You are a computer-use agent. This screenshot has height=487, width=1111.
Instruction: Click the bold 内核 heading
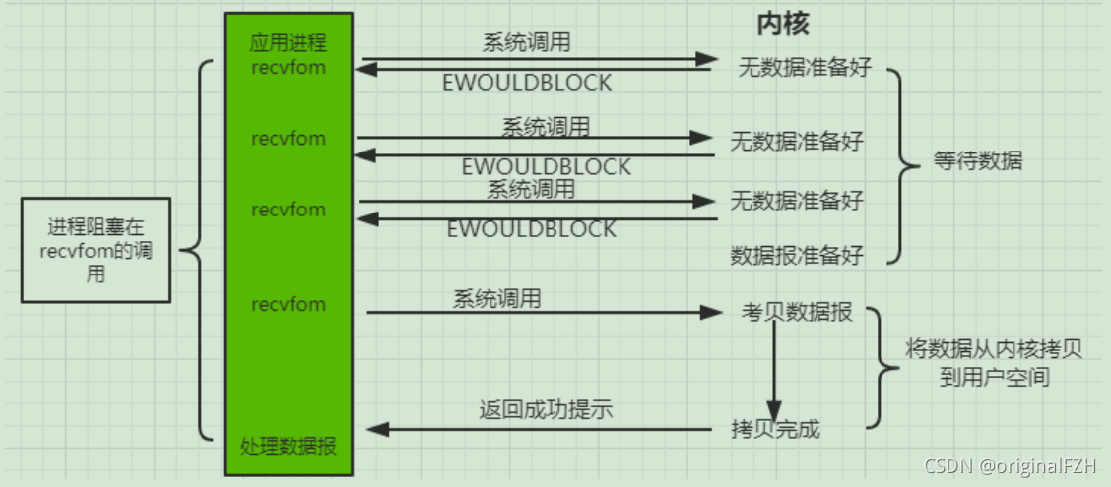pyautogui.click(x=783, y=24)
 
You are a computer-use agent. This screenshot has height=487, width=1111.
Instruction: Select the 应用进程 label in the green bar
pyautogui.click(x=289, y=44)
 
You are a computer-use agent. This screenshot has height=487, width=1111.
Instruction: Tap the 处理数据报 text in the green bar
pyautogui.click(x=289, y=446)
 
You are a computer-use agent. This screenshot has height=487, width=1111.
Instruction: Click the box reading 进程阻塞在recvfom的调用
pyautogui.click(x=96, y=250)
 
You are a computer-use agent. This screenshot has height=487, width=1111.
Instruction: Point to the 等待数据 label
pyautogui.click(x=977, y=161)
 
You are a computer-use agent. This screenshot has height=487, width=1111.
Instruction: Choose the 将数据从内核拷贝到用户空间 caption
pyautogui.click(x=993, y=363)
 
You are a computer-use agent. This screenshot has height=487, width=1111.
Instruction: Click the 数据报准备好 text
pyautogui.click(x=796, y=256)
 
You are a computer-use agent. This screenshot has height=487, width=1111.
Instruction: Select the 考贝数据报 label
pyautogui.click(x=797, y=314)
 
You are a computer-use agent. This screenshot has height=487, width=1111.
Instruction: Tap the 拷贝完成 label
pyautogui.click(x=775, y=429)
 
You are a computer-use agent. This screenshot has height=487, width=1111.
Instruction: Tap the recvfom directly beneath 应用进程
pyautogui.click(x=289, y=68)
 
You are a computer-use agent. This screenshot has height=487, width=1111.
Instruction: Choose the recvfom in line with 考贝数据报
pyautogui.click(x=289, y=304)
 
